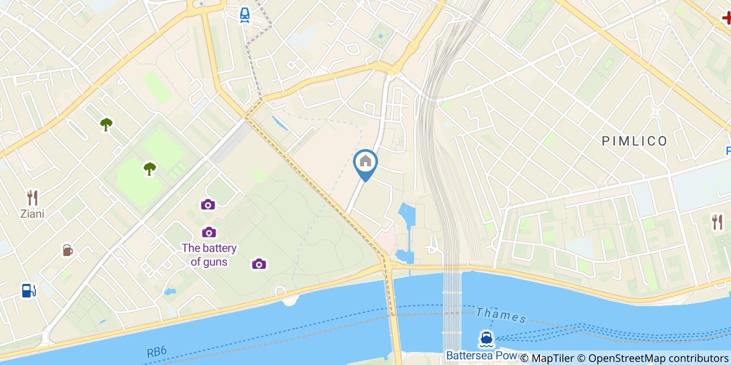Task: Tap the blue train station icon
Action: pos(244,15)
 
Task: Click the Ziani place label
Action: pos(32,214)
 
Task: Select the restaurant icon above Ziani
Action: pos(32,198)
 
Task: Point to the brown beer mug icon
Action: pos(67,250)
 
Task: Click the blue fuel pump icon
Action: pos(28,290)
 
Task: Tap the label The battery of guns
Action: pos(209,255)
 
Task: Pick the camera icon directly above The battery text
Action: pos(209,232)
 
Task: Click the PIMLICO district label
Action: pos(634,141)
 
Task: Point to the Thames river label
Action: pos(501,315)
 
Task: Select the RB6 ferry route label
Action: pos(157,352)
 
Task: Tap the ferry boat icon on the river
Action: pos(486,339)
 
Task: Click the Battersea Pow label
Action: pos(481,356)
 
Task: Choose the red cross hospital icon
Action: pos(726,18)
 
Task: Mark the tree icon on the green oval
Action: pos(150,168)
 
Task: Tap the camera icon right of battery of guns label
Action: pos(259,264)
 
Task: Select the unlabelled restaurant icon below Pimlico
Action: pos(717,222)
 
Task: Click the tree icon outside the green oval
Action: pos(107,124)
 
